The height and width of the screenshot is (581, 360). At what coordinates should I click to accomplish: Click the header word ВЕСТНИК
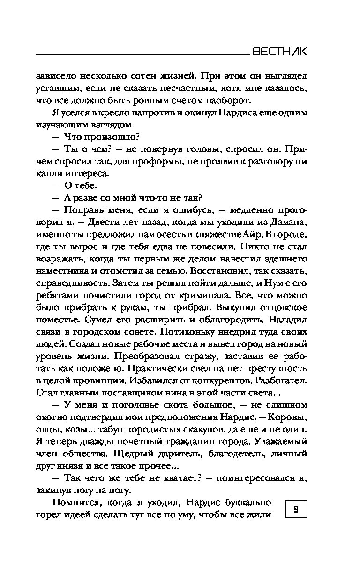click(x=279, y=52)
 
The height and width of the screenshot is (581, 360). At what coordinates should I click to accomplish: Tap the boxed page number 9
click(x=296, y=508)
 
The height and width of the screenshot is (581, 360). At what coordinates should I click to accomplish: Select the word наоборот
click(x=228, y=100)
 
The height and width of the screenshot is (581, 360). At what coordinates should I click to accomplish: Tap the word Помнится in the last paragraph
click(x=74, y=502)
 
